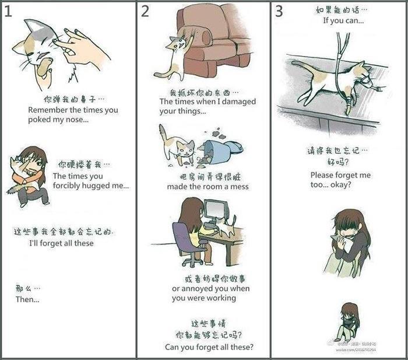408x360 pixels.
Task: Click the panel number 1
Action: (x=8, y=12)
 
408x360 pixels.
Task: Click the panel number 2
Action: (x=145, y=12)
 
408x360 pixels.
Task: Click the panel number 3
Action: (x=280, y=11)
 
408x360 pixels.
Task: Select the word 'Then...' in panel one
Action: (x=27, y=299)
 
